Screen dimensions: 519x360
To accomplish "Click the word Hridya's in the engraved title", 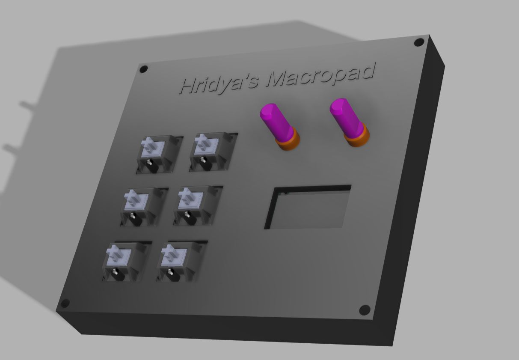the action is point(219,84).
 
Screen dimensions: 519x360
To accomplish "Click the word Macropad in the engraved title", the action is point(321,74).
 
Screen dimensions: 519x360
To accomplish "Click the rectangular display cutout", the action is point(308,207).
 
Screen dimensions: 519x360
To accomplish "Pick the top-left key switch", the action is point(160,154).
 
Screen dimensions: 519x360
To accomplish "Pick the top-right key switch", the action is point(213,152).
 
